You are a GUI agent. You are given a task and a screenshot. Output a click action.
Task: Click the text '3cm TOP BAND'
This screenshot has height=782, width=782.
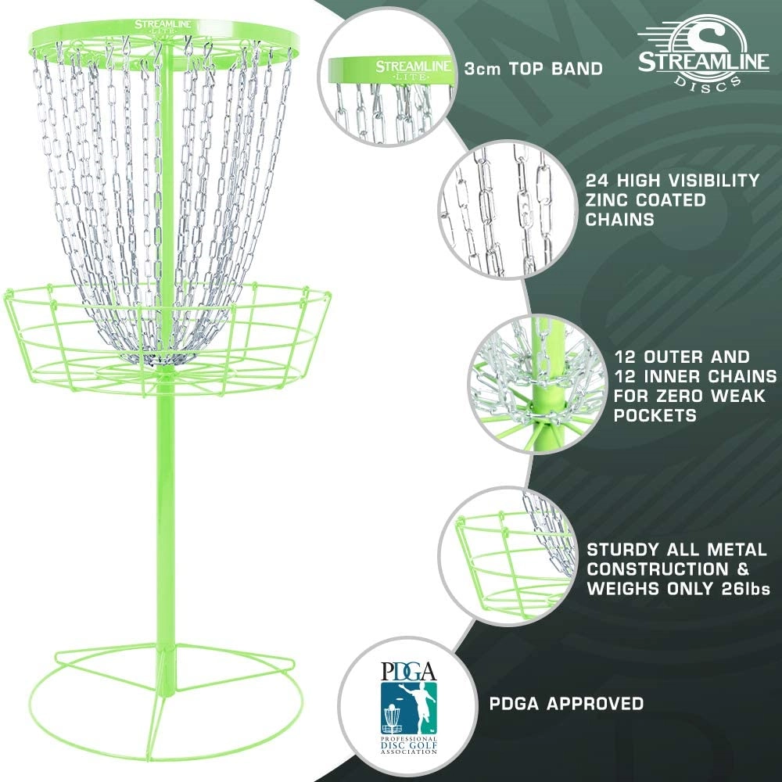(533, 68)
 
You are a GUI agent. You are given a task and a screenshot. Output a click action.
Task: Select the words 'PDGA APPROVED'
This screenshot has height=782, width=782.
(566, 703)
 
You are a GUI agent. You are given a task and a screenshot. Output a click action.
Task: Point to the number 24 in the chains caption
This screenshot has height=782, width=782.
(597, 180)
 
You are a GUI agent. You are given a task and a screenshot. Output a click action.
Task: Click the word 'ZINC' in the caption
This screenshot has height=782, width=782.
(607, 200)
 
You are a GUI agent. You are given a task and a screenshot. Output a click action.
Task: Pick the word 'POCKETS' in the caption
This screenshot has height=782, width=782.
(655, 415)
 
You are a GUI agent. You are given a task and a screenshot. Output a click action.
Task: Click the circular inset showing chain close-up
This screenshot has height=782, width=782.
(508, 209)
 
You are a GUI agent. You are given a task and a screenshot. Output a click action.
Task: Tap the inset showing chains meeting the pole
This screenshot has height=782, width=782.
(537, 384)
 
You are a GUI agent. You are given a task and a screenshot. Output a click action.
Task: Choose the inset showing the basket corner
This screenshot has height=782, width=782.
(508, 555)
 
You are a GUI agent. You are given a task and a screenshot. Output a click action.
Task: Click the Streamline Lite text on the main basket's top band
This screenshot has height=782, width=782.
(164, 27)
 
